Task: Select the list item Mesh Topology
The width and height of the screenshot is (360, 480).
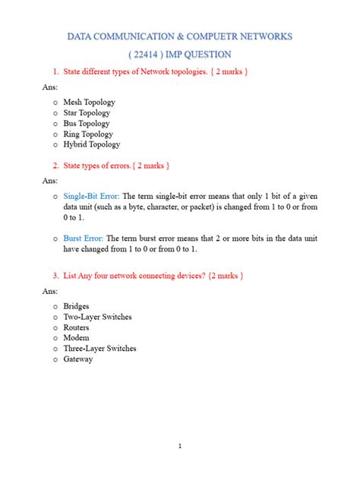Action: tap(87, 101)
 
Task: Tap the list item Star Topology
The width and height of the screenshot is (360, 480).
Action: tap(85, 112)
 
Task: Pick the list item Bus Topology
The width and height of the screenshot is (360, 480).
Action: tap(85, 123)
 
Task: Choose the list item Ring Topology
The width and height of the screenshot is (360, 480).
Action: tap(87, 134)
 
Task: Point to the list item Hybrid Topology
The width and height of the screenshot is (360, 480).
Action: tap(91, 144)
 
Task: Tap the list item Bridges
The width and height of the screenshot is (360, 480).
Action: tap(77, 306)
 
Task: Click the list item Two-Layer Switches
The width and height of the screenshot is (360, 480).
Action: tap(96, 317)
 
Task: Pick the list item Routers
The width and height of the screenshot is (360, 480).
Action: tap(77, 327)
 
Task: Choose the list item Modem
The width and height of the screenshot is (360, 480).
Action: tap(76, 338)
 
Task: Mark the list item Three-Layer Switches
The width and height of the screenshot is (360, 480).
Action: tap(99, 349)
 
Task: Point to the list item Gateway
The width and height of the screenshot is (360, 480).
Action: tap(78, 359)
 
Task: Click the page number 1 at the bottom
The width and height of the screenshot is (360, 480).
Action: tap(179, 446)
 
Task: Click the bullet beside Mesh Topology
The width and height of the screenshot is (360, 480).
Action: tap(55, 102)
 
